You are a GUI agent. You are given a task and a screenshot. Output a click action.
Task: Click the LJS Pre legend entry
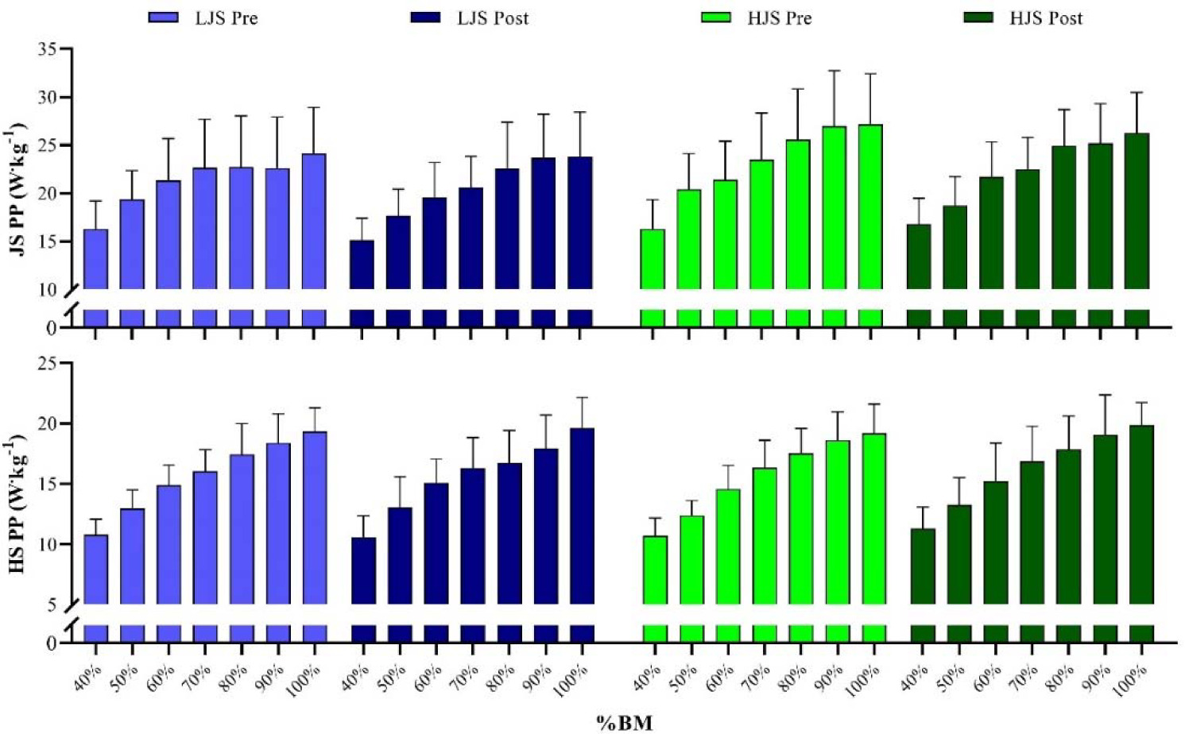coord(203,17)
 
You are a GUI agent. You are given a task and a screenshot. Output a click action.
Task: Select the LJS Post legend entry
coord(470,17)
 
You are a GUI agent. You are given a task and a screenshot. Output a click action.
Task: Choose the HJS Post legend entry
coord(1024,17)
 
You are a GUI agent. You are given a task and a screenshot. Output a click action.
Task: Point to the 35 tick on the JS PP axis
coord(49,49)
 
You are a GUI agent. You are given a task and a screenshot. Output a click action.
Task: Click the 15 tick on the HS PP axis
coord(49,484)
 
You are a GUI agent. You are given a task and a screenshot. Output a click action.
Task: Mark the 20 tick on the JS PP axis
coord(49,194)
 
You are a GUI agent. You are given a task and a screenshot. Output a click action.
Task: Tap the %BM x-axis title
coord(625,722)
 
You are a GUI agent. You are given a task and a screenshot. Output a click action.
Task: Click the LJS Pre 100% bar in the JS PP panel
coord(314,222)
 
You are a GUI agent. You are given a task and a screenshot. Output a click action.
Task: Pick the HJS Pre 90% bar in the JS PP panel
coord(835,208)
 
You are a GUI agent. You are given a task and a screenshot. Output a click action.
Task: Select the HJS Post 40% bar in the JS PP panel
coord(919,257)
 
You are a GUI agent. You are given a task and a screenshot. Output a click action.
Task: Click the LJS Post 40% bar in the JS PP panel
coord(362,265)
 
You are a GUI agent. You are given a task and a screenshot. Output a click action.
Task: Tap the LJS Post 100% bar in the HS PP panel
coord(583,516)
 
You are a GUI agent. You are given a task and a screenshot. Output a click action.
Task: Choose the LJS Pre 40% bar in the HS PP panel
coord(96,569)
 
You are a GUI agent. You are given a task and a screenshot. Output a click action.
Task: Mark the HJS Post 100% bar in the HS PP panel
coord(1141,515)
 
